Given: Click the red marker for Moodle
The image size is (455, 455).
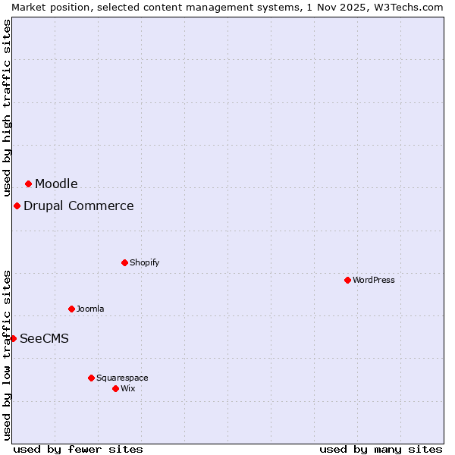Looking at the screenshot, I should [28, 184].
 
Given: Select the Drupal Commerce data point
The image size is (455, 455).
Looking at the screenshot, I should [17, 206].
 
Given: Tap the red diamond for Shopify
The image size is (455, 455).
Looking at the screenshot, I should [124, 262].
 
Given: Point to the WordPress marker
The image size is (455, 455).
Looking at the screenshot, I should [347, 280].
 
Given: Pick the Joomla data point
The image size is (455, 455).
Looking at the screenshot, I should [71, 309].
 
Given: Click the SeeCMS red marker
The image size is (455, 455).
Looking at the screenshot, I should [13, 338].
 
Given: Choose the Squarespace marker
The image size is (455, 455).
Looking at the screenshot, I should [91, 378].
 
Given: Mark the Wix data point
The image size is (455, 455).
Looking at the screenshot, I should [115, 388].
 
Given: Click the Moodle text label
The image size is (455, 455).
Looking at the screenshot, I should [56, 184].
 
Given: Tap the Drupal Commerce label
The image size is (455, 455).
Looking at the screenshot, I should [79, 206].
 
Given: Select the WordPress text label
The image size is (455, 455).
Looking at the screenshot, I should [374, 280].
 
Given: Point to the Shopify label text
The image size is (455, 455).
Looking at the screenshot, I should [145, 262].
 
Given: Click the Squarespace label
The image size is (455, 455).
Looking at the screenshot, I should [122, 378].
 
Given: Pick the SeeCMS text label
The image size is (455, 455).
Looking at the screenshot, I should [44, 338].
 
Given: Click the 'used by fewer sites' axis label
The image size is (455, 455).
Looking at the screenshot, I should [78, 449].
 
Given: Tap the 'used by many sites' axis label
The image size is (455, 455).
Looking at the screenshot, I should [381, 449].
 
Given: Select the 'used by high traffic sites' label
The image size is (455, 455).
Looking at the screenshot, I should [7, 108].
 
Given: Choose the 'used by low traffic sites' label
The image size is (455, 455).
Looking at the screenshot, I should [7, 355].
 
